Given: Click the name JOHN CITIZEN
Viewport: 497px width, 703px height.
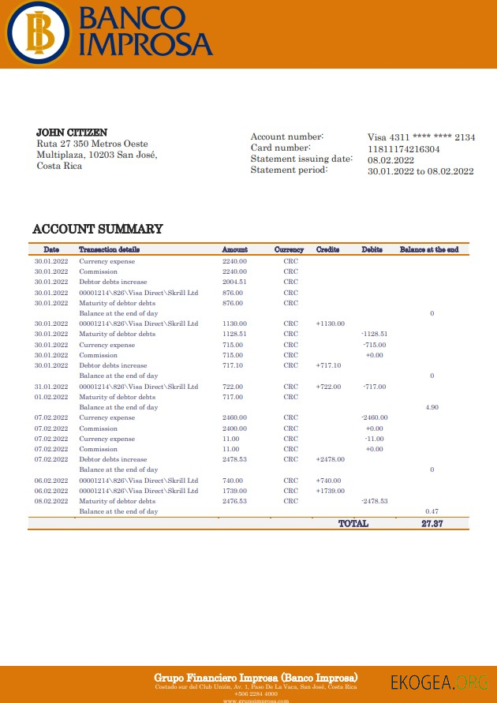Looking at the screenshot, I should pyautogui.click(x=72, y=133).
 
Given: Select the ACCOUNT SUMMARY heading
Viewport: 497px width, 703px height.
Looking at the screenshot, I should pyautogui.click(x=98, y=230).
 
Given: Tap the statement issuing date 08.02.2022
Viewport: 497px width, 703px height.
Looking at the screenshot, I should pyautogui.click(x=391, y=159).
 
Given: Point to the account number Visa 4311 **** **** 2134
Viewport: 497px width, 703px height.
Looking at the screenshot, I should pyautogui.click(x=421, y=137).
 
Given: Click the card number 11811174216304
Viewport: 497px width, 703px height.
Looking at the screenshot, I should pyautogui.click(x=404, y=148).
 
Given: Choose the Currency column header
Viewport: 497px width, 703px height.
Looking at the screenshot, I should pyautogui.click(x=289, y=250).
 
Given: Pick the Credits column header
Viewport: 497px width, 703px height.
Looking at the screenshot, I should pyautogui.click(x=327, y=250).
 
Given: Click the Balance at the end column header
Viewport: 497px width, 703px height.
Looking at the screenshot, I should pyautogui.click(x=429, y=250).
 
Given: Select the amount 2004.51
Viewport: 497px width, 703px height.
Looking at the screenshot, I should pyautogui.click(x=234, y=282).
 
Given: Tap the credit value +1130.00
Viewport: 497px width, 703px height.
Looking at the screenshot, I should pyautogui.click(x=331, y=323).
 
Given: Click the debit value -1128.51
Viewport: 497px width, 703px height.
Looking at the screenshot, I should pyautogui.click(x=375, y=334).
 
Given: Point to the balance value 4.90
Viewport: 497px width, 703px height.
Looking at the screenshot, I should pyautogui.click(x=432, y=407).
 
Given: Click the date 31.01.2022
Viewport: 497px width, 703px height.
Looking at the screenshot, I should pyautogui.click(x=51, y=387).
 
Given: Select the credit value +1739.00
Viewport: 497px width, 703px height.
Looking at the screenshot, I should pyautogui.click(x=331, y=491).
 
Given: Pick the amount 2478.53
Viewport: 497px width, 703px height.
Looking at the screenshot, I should pyautogui.click(x=234, y=459).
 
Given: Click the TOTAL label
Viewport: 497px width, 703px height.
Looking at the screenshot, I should pyautogui.click(x=353, y=524).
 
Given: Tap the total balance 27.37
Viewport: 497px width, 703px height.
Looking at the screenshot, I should pyautogui.click(x=432, y=524).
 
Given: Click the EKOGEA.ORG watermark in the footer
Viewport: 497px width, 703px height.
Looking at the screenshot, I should pyautogui.click(x=439, y=682).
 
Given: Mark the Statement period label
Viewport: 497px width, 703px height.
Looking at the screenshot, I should pyautogui.click(x=289, y=170).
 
